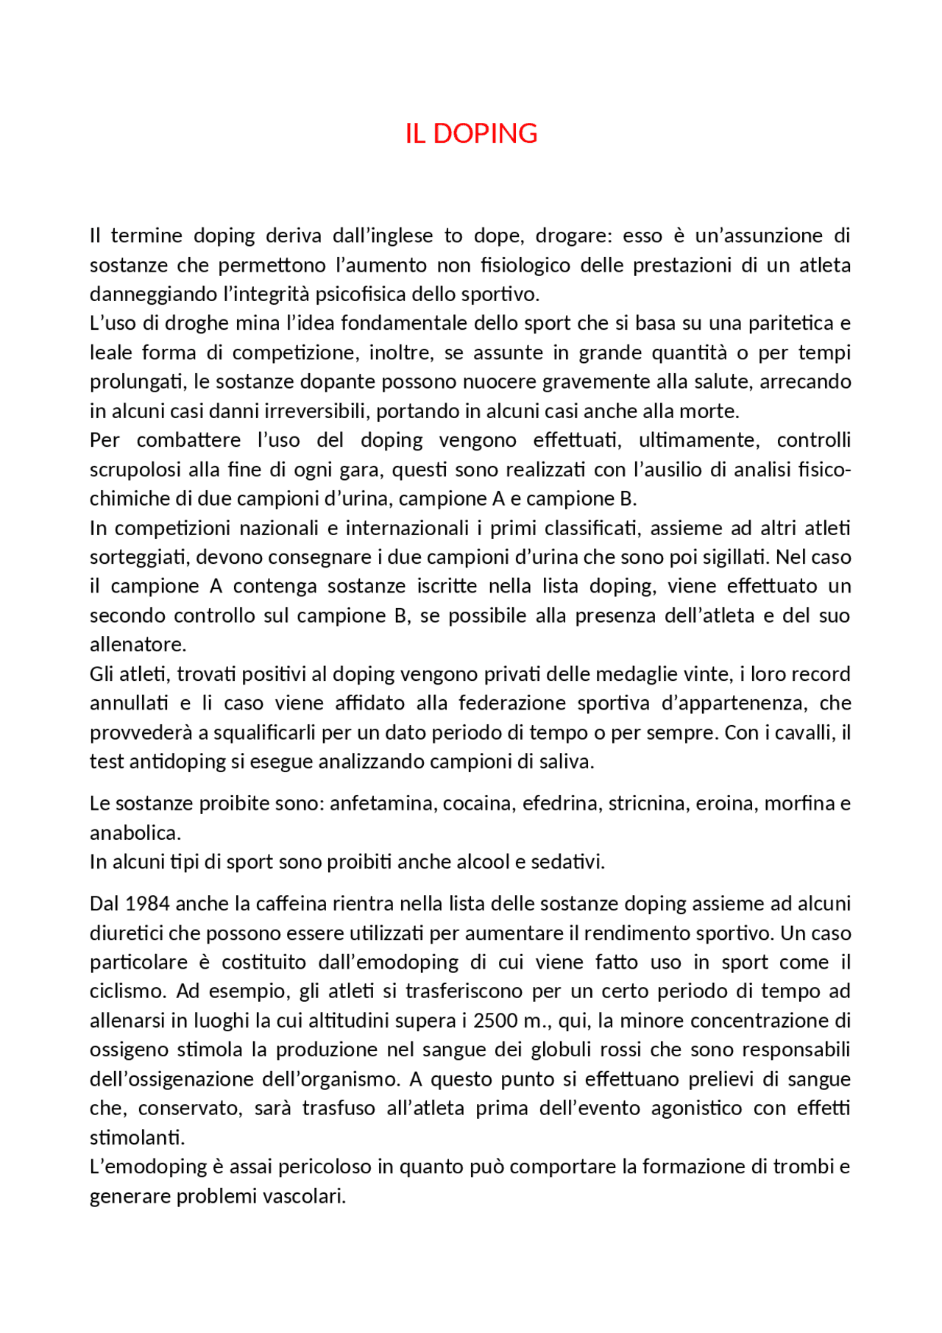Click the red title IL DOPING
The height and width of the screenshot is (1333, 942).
pyautogui.click(x=471, y=133)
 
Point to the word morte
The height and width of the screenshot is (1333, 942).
pyautogui.click(x=710, y=411)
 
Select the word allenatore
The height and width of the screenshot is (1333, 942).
pyautogui.click(x=138, y=645)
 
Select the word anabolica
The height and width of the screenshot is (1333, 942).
pyautogui.click(x=135, y=833)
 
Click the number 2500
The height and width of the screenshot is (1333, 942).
pyautogui.click(x=499, y=1021)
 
